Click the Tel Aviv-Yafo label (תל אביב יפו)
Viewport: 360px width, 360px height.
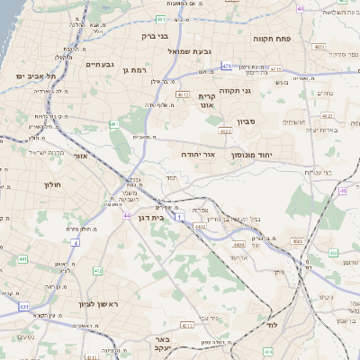(31, 77)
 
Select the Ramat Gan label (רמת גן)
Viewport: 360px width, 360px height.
(138, 69)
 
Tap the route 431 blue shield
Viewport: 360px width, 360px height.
(23, 307)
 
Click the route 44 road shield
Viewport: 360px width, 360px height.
(128, 216)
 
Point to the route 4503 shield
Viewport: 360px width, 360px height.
(297, 241)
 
